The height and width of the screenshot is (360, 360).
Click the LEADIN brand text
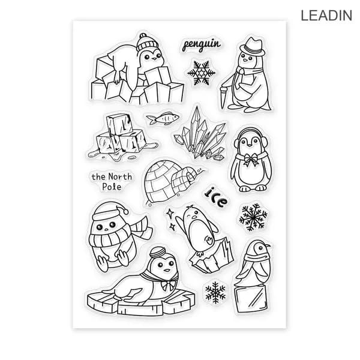pyautogui.click(x=326, y=16)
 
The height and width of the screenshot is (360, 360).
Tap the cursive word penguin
pyautogui.click(x=202, y=45)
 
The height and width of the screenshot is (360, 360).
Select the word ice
pyautogui.click(x=216, y=197)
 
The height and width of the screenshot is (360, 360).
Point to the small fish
pyautogui.click(x=163, y=118)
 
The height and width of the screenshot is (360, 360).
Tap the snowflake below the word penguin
pyautogui.click(x=202, y=73)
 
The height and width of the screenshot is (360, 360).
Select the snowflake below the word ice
pyautogui.click(x=253, y=217)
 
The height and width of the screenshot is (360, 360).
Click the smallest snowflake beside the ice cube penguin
pyautogui.click(x=215, y=293)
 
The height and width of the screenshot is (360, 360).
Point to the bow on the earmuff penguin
pyautogui.click(x=251, y=160)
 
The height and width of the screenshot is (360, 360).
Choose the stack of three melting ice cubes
pyautogui.click(x=122, y=138)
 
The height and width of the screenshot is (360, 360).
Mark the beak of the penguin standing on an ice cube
pyautogui.click(x=267, y=246)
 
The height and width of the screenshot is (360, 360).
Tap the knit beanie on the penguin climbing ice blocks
pyautogui.click(x=147, y=43)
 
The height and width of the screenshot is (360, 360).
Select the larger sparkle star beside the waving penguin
pyautogui.click(x=170, y=214)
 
